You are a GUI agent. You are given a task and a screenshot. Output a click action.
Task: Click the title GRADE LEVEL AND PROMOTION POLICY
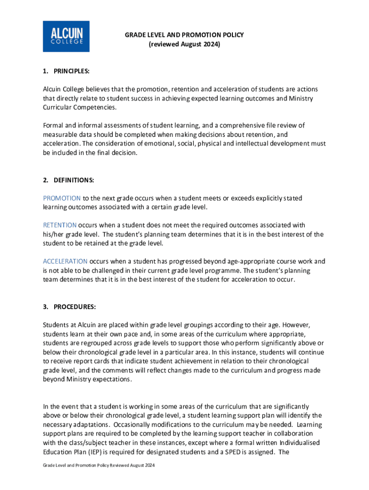(184, 35)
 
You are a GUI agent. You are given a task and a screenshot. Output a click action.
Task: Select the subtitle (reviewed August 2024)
(184, 45)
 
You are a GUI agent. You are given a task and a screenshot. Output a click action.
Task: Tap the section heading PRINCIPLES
(71, 71)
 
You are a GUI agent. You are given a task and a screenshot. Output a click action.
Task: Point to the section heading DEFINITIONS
(73, 180)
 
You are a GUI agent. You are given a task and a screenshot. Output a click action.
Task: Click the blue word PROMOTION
(62, 198)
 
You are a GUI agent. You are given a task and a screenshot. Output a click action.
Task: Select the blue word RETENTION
(60, 225)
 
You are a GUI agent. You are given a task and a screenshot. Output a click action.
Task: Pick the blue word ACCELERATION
(65, 261)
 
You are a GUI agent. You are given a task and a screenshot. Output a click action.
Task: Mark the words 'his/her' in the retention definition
(52, 234)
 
